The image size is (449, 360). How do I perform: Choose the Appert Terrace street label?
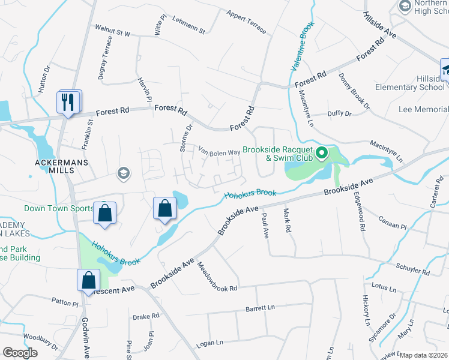[x=246, y=22]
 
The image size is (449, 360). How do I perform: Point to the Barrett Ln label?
[x=260, y=308]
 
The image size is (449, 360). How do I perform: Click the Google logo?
[x=20, y=353]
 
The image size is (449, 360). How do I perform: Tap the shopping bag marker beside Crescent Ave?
[x=88, y=280]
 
